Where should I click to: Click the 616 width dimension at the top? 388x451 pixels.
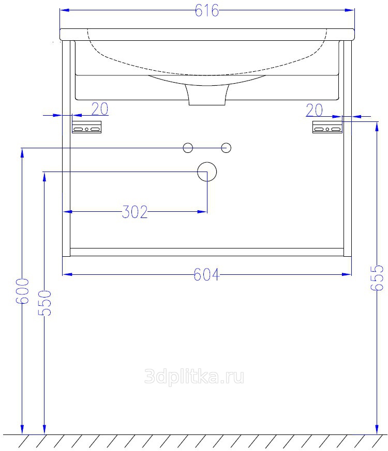[207, 11]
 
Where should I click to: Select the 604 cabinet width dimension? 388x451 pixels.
[206, 275]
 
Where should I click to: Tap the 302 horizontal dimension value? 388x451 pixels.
[135, 212]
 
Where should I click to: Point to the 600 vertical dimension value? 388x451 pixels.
[22, 291]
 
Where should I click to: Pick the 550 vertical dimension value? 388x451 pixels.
[44, 303]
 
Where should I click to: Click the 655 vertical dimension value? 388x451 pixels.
[377, 278]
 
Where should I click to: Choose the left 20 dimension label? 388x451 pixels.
[100, 108]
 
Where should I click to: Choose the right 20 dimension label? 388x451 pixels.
[314, 110]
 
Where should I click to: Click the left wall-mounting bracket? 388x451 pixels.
[86, 127]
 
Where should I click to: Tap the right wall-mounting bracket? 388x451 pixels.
[327, 127]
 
